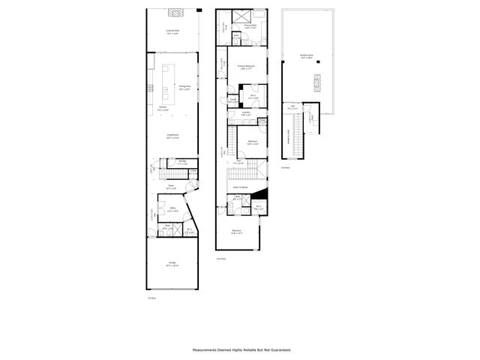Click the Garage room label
click(172, 264)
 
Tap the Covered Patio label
click(174, 32)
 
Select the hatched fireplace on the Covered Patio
click(174, 12)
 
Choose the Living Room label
click(172, 136)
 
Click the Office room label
click(172, 209)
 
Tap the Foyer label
click(171, 187)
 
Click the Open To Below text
click(241, 187)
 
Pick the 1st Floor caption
click(152, 298)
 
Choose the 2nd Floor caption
click(221, 258)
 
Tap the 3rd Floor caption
click(286, 167)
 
